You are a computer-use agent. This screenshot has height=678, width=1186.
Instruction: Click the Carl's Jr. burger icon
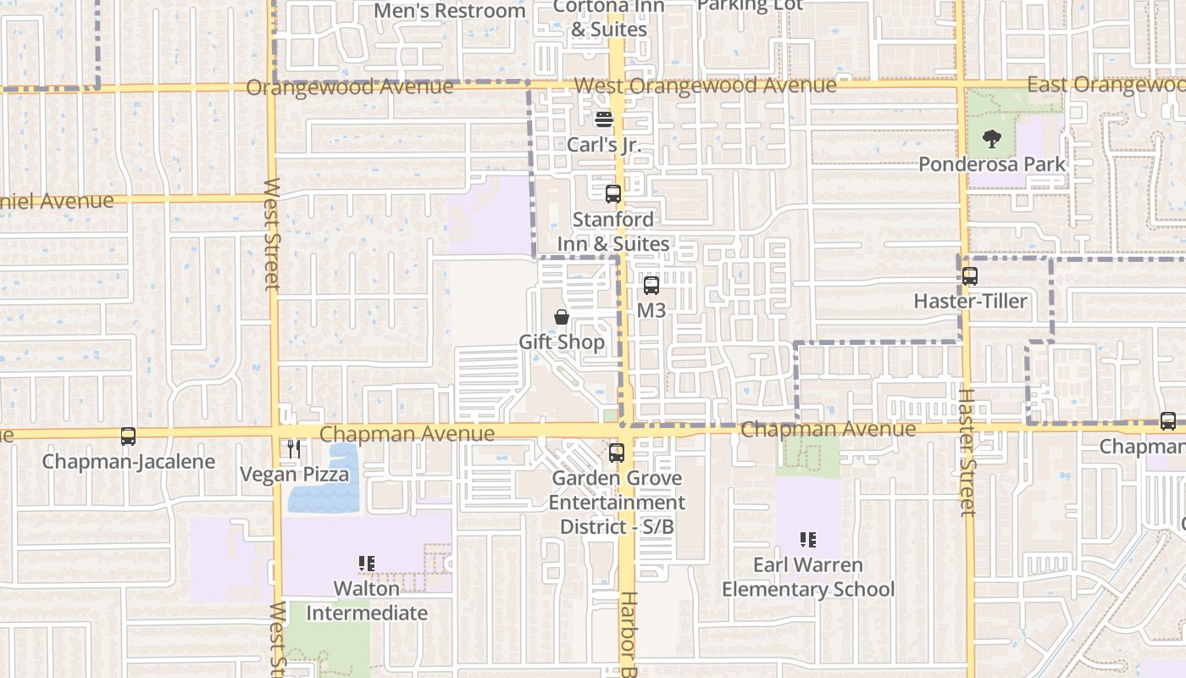603,119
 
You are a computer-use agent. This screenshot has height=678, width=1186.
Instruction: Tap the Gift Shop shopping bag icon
562,317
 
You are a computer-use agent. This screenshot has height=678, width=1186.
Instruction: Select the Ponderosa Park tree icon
991,139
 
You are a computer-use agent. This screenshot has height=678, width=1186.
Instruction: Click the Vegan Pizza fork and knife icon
294,448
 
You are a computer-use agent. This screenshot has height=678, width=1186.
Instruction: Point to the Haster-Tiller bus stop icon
969,276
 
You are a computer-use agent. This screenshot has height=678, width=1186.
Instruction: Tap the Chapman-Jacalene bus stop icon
128,436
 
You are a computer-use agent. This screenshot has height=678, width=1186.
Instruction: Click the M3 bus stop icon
651,286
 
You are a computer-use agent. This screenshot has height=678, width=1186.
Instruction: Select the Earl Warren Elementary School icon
807,540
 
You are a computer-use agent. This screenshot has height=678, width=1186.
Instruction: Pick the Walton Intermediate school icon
367,564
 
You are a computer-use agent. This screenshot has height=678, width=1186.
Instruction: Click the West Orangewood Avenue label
704,86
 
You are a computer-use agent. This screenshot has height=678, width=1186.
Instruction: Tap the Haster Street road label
967,452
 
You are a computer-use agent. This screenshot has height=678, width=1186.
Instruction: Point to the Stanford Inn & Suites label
613,231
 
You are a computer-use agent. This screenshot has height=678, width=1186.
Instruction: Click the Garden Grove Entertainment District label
616,502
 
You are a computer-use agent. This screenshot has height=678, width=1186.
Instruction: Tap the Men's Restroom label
450,11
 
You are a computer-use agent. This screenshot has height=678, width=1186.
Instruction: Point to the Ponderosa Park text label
992,164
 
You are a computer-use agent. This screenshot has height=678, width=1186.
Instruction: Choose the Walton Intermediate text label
367,600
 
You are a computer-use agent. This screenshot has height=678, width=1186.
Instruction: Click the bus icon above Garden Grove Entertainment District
616,453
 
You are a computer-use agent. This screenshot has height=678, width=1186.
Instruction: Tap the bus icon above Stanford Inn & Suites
612,194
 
